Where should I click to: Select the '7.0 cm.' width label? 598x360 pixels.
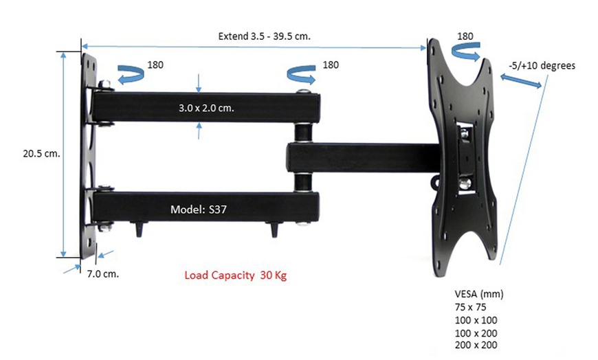click(102, 273)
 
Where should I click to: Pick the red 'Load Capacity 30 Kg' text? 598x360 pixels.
click(235, 275)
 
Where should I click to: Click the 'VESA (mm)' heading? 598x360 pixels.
click(479, 294)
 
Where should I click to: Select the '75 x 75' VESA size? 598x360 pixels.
click(471, 307)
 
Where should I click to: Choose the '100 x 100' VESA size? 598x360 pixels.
click(476, 320)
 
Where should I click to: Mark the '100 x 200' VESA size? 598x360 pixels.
click(476, 333)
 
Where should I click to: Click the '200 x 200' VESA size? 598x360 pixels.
click(476, 345)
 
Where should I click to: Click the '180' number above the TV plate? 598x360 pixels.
click(465, 36)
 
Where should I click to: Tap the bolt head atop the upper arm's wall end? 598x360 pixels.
click(104, 85)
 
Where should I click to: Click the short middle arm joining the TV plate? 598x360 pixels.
click(364, 157)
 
